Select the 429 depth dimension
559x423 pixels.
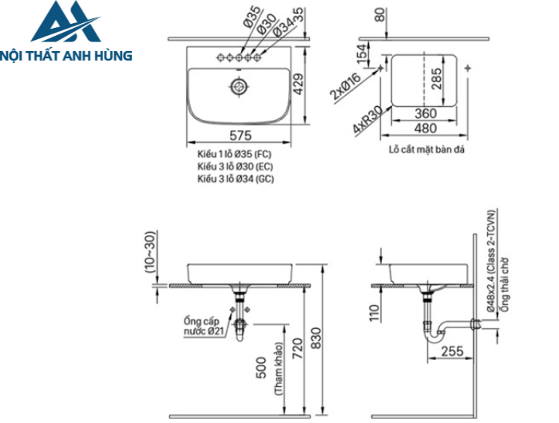299,83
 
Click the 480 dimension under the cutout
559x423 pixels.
426,128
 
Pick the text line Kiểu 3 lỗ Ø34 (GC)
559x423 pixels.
236,180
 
